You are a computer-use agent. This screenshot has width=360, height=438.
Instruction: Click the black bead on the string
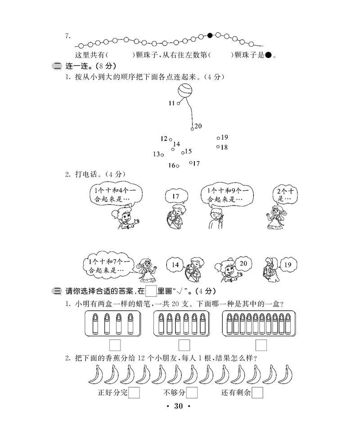[210, 35]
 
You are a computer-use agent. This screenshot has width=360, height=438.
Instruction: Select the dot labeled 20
[192, 129]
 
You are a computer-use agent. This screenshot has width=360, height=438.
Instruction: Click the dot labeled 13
[162, 154]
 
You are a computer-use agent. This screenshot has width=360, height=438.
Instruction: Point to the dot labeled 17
[190, 163]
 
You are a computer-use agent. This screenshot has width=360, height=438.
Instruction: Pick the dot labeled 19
[218, 138]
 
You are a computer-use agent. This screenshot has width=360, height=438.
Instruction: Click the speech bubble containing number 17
[175, 197]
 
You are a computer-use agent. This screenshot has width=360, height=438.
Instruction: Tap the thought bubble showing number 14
[175, 265]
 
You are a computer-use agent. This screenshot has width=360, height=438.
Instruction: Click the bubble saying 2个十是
[284, 195]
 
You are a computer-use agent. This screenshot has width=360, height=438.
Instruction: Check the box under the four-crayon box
[115, 345]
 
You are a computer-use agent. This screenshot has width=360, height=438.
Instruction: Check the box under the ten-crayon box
[261, 345]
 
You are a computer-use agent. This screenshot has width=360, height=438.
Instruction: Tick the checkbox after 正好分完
[134, 393]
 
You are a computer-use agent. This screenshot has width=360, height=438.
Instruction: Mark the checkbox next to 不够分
[192, 393]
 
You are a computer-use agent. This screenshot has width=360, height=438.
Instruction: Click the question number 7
[67, 36]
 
